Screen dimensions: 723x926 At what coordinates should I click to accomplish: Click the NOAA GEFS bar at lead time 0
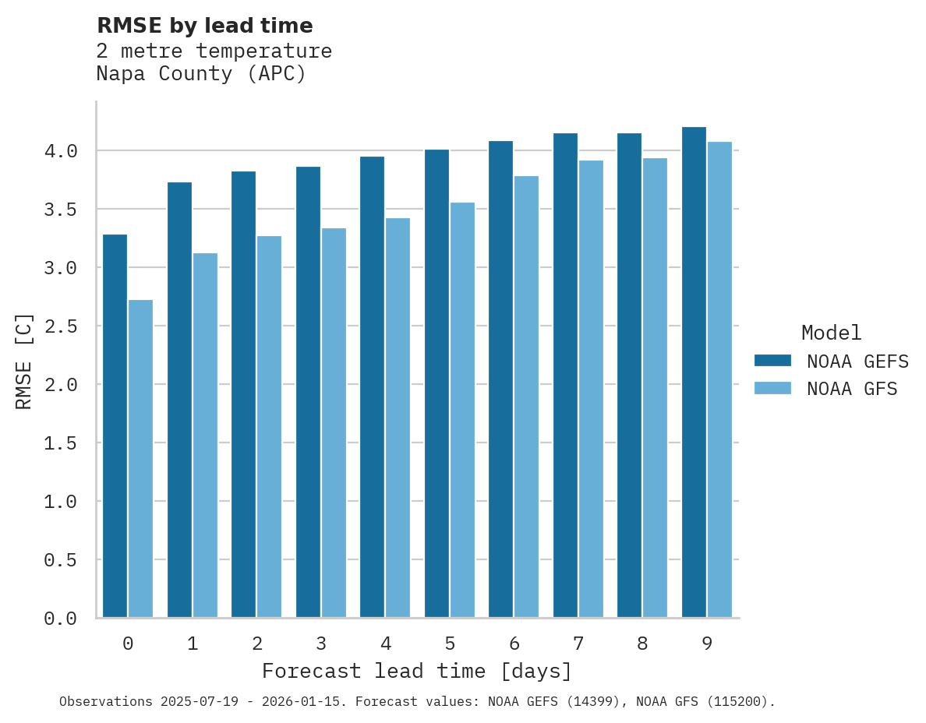(x=115, y=426)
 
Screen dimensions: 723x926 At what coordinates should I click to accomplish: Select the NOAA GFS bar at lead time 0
(x=140, y=459)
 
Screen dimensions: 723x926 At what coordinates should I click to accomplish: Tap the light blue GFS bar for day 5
(x=462, y=410)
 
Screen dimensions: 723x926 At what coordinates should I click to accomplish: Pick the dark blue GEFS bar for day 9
(x=694, y=372)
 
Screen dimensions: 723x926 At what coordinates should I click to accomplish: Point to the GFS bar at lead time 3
(x=334, y=423)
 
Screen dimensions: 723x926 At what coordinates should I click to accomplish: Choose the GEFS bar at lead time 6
(x=500, y=379)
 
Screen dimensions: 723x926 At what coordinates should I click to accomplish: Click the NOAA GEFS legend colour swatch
(x=772, y=361)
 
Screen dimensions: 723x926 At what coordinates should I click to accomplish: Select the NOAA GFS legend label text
(x=852, y=389)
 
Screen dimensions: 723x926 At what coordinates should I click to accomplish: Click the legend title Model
(x=832, y=333)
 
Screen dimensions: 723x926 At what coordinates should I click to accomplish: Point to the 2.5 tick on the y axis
(x=61, y=326)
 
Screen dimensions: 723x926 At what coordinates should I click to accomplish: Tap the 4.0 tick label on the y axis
(x=61, y=151)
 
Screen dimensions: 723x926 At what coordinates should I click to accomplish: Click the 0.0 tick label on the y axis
(x=61, y=619)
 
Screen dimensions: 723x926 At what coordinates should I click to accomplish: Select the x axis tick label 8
(x=642, y=644)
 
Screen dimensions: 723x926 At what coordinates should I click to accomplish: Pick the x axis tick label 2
(x=256, y=644)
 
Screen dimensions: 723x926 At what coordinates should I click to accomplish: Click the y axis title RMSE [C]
(x=24, y=361)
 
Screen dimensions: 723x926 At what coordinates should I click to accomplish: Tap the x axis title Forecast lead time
(x=417, y=671)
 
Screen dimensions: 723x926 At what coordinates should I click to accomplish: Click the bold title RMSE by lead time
(x=204, y=26)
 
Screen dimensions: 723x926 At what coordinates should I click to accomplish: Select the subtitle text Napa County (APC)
(x=201, y=74)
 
